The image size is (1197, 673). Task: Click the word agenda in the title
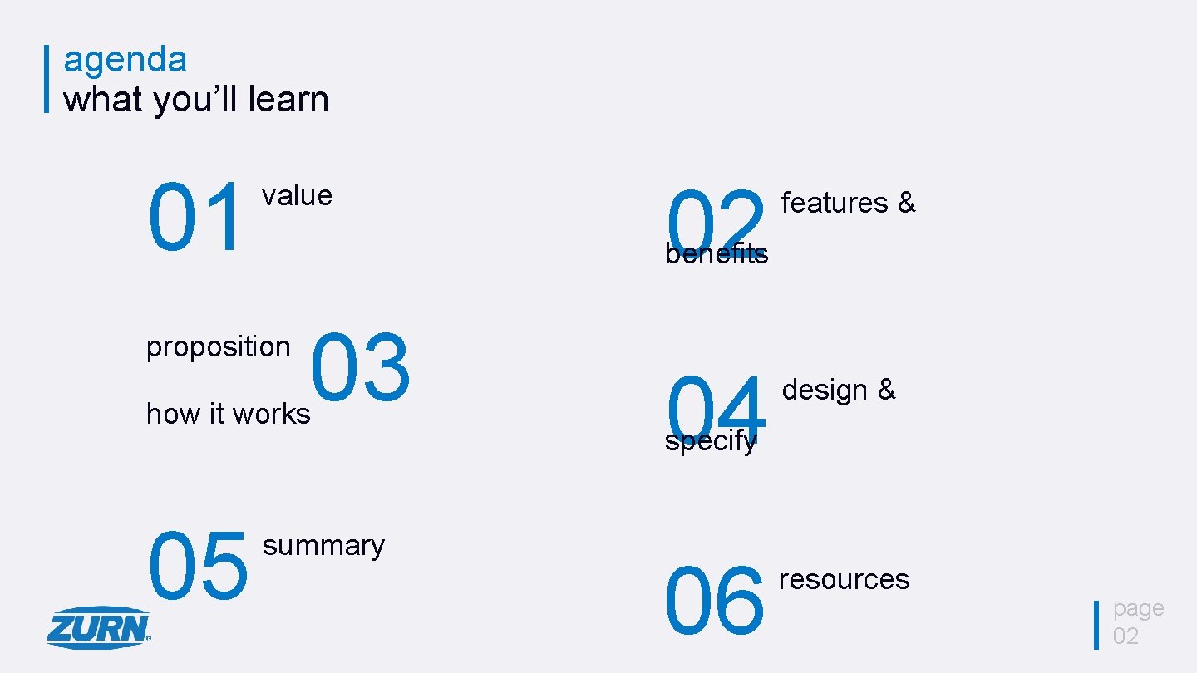pyautogui.click(x=126, y=61)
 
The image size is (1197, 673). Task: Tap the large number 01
pyautogui.click(x=198, y=219)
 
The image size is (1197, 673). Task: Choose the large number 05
pyautogui.click(x=198, y=567)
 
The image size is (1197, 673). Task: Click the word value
pyautogui.click(x=297, y=195)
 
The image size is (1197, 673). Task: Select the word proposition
pyautogui.click(x=219, y=347)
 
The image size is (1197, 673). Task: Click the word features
pyautogui.click(x=835, y=203)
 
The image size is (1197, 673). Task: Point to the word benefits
pyautogui.click(x=717, y=254)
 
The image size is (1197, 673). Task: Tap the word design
pyautogui.click(x=825, y=390)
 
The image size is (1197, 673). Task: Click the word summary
pyautogui.click(x=323, y=546)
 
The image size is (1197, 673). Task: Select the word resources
pyautogui.click(x=844, y=579)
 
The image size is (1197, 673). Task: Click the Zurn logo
pyautogui.click(x=98, y=626)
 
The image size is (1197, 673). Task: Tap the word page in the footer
pyautogui.click(x=1138, y=609)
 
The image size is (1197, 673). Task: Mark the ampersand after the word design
pyautogui.click(x=887, y=390)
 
